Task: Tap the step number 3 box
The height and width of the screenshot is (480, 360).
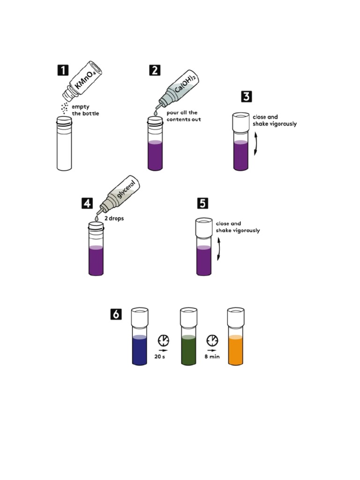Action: click(x=247, y=97)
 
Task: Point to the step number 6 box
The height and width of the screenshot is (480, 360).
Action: click(x=116, y=314)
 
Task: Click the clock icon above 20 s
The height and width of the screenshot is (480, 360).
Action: click(x=164, y=340)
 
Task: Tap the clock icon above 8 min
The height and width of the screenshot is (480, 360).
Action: click(x=212, y=340)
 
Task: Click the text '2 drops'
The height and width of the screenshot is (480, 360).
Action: click(x=113, y=218)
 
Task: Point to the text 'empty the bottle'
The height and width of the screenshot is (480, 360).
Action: click(x=85, y=110)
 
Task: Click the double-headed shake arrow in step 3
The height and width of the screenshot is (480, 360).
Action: click(x=255, y=143)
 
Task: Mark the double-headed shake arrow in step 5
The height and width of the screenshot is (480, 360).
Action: click(x=219, y=248)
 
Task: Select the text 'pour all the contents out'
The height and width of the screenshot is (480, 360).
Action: click(x=183, y=116)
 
